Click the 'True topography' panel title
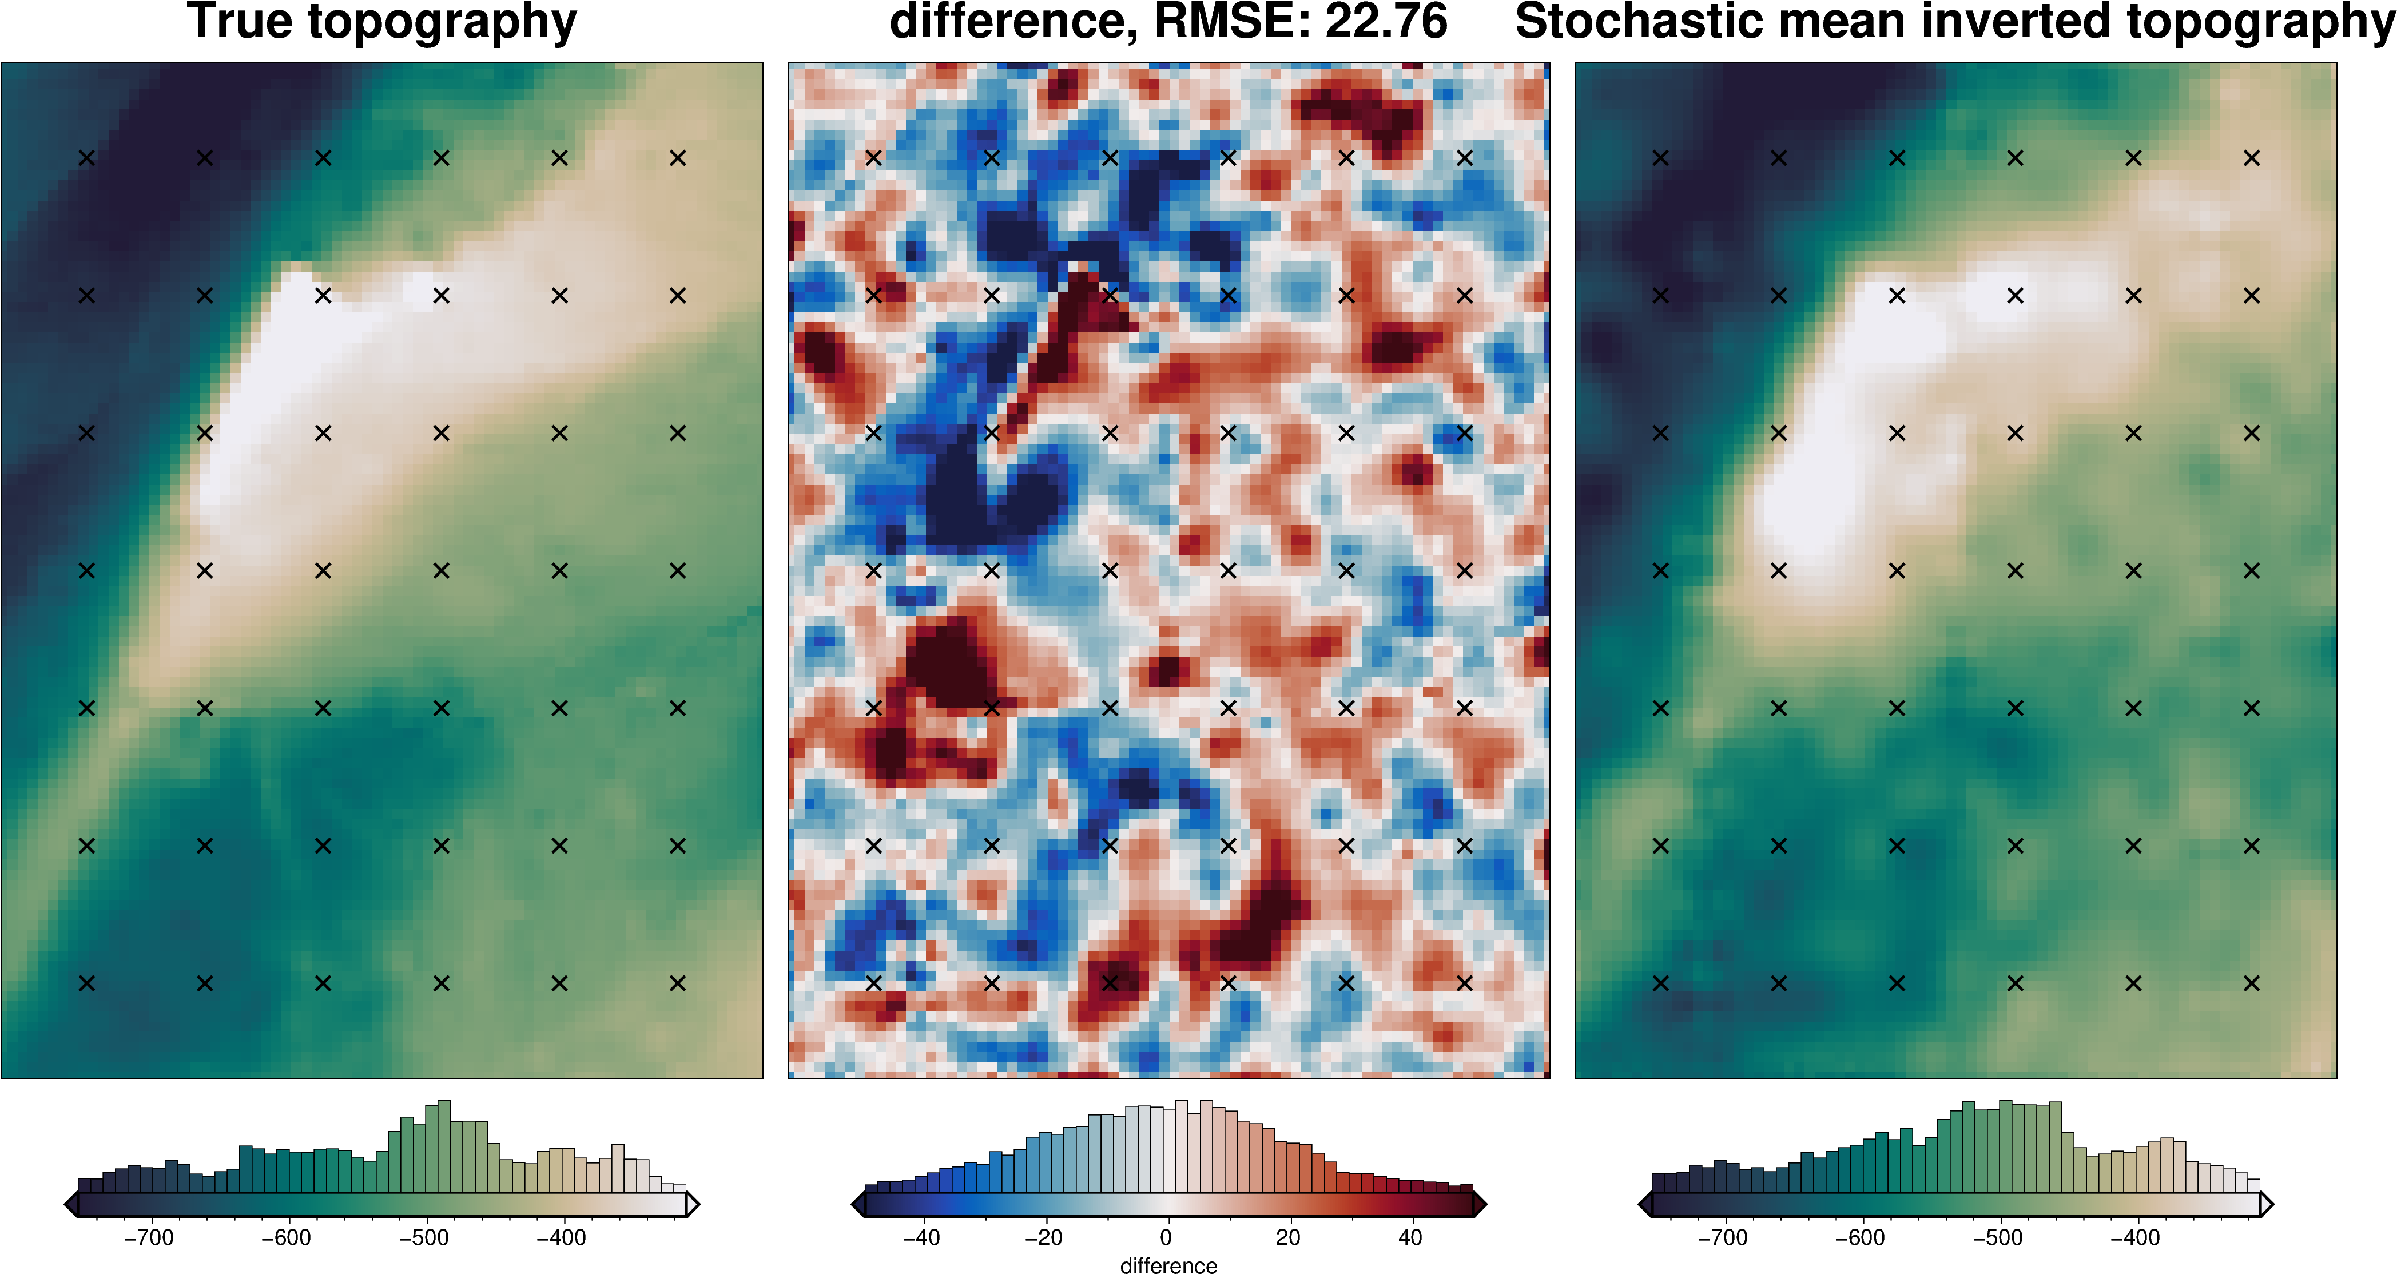[x=381, y=22]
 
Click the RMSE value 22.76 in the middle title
[x=1386, y=22]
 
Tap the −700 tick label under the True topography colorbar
[x=149, y=1238]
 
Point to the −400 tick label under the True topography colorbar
[x=561, y=1238]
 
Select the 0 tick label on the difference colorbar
[x=1166, y=1238]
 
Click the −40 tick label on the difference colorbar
[x=921, y=1238]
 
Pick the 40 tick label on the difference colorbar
[x=1410, y=1238]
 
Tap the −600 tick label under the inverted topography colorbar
[x=1859, y=1238]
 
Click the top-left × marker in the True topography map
[x=86, y=158]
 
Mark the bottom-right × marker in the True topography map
[x=677, y=983]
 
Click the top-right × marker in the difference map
[x=1465, y=158]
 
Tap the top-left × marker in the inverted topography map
[x=1660, y=158]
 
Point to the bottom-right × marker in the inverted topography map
[x=2252, y=983]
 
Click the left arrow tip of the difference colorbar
[x=857, y=1205]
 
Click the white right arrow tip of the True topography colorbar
[x=693, y=1205]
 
